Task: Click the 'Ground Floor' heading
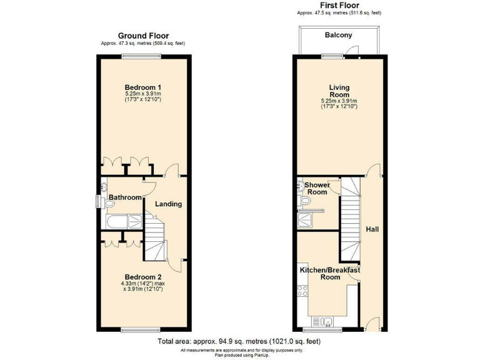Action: point(144,36)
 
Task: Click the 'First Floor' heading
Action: point(339,5)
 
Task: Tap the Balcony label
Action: point(339,36)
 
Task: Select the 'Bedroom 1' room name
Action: point(143,87)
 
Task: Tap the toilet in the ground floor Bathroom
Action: point(103,186)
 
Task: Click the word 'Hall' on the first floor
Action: point(372,229)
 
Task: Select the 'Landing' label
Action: point(169,204)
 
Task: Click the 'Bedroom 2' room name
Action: point(143,277)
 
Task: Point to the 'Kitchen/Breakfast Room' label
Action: point(330,273)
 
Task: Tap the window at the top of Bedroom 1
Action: point(133,56)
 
